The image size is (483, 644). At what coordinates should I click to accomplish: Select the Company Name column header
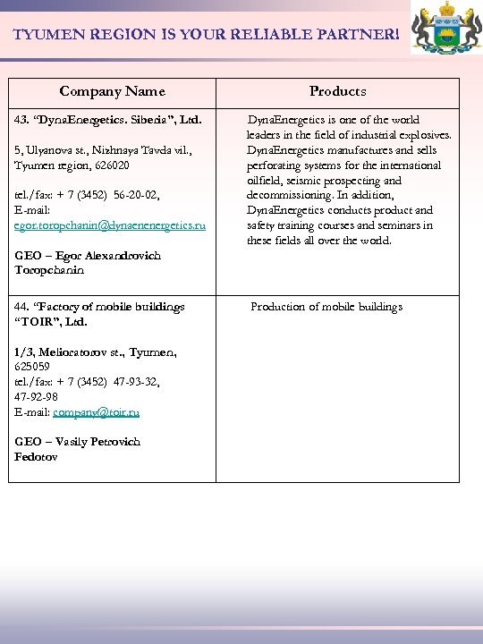point(112,91)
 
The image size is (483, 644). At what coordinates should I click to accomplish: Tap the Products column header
point(337,91)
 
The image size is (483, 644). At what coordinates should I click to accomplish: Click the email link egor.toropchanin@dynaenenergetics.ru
point(109,226)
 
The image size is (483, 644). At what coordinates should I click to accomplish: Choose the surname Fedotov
point(36,457)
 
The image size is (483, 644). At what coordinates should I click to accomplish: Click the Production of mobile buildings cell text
point(326,307)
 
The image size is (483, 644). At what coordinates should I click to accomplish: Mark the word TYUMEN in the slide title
point(46,35)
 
